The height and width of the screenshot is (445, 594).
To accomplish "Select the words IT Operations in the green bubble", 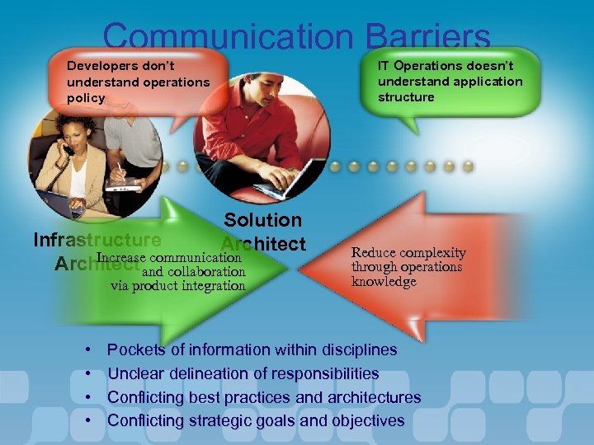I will pyautogui.click(x=420, y=65).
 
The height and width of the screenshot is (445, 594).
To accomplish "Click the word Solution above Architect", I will pyautogui.click(x=263, y=220).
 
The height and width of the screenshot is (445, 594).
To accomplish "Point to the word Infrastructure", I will pyautogui.click(x=97, y=240).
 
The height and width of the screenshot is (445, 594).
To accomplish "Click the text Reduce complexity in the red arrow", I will pyautogui.click(x=408, y=253).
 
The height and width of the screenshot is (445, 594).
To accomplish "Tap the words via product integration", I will pyautogui.click(x=178, y=286).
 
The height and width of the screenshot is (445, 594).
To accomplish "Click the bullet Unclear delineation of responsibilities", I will pyautogui.click(x=243, y=373).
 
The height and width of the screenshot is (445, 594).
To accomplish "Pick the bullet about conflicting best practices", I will pyautogui.click(x=264, y=397).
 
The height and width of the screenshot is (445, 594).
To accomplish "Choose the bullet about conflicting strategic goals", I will pyautogui.click(x=256, y=421).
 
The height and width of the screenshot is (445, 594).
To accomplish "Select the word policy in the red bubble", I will pyautogui.click(x=86, y=98).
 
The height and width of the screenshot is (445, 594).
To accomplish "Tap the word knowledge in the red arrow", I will pyautogui.click(x=384, y=282).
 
